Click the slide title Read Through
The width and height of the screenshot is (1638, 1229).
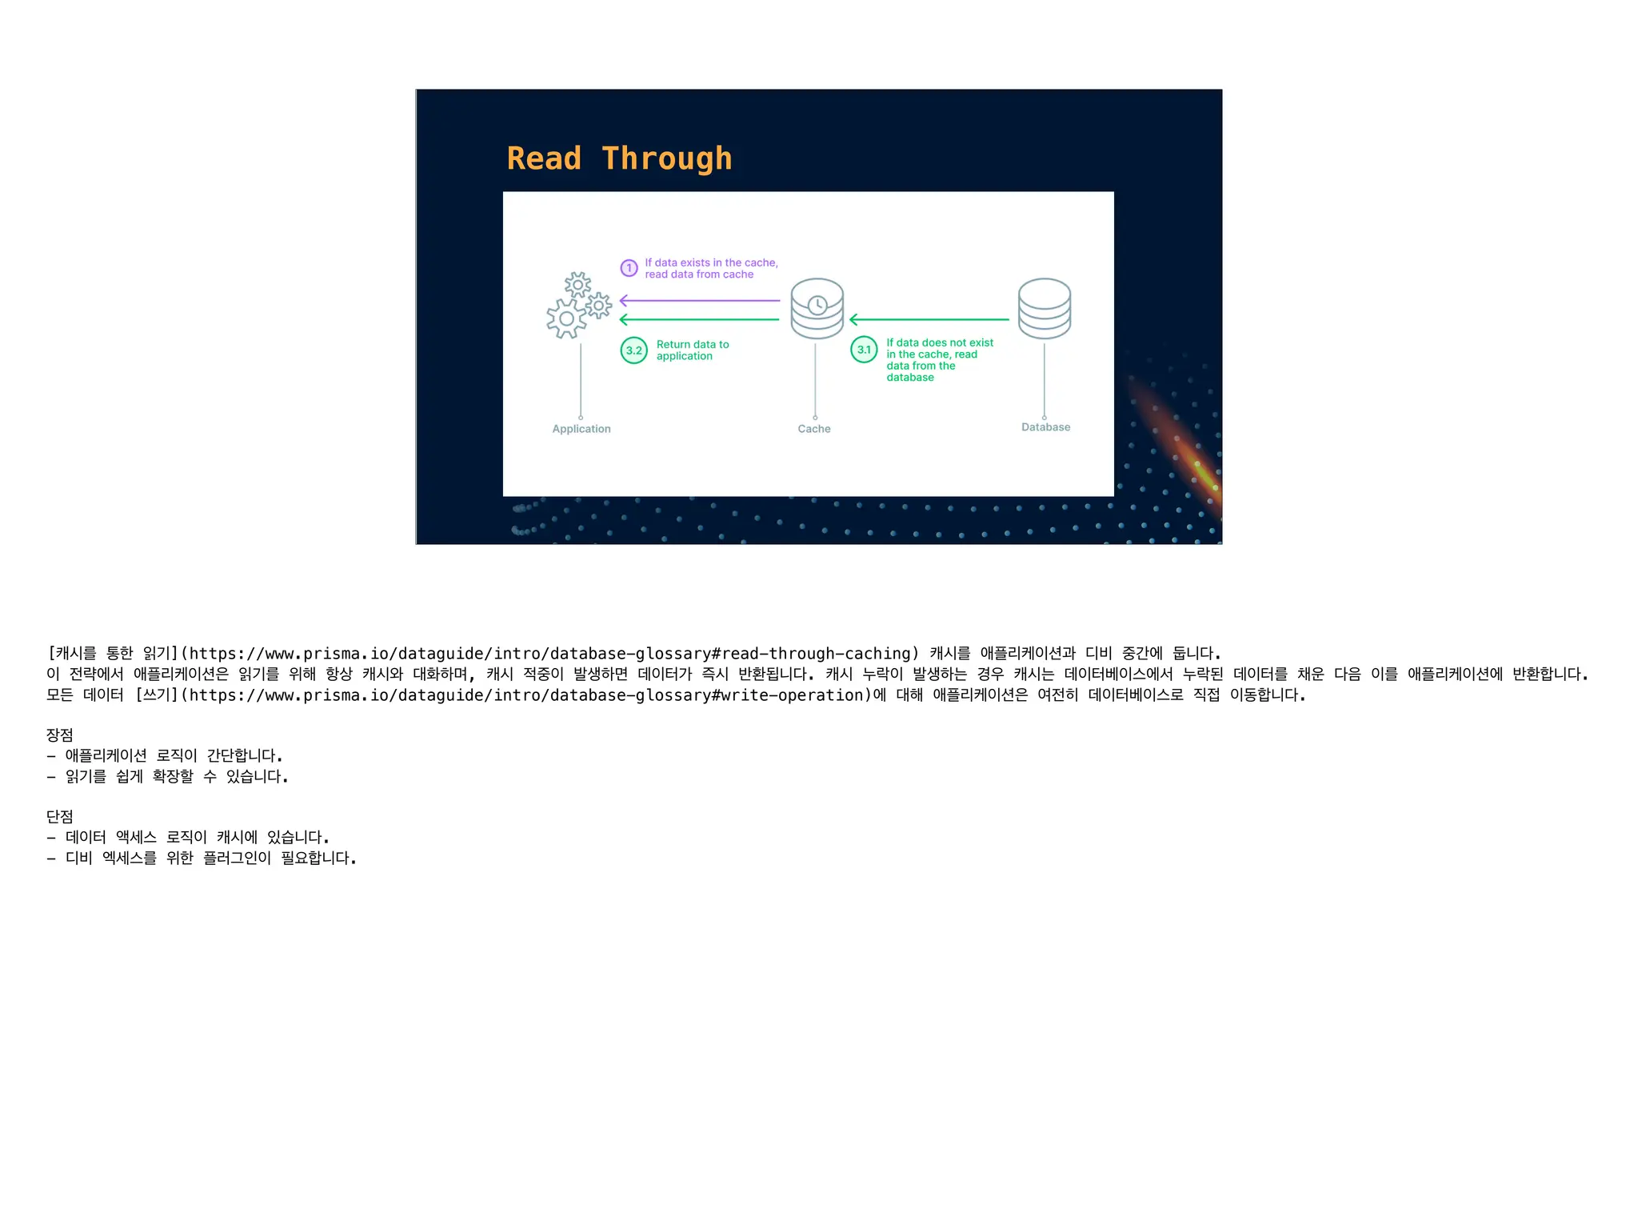click(619, 158)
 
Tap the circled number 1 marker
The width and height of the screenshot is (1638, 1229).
click(629, 268)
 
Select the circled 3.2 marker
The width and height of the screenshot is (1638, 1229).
click(634, 350)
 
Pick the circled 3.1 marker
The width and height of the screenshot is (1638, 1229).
click(864, 350)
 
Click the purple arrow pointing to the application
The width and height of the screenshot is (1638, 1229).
click(699, 301)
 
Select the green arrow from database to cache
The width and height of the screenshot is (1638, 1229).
click(929, 320)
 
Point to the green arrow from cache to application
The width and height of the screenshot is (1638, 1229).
click(699, 320)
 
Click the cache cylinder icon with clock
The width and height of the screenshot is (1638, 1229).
click(817, 308)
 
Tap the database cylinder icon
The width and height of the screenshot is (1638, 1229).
click(1044, 308)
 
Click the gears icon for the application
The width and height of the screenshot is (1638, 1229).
click(577, 306)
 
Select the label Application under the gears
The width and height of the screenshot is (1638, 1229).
click(581, 429)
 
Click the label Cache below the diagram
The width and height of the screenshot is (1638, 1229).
click(814, 429)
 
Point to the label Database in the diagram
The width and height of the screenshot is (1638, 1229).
click(1045, 427)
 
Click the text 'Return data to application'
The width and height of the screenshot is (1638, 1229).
click(692, 350)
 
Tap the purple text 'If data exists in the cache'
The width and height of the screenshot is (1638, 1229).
click(711, 262)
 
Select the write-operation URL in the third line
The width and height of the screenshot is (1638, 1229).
click(528, 695)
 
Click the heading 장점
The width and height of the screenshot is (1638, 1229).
click(60, 735)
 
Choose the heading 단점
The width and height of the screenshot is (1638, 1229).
click(60, 817)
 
